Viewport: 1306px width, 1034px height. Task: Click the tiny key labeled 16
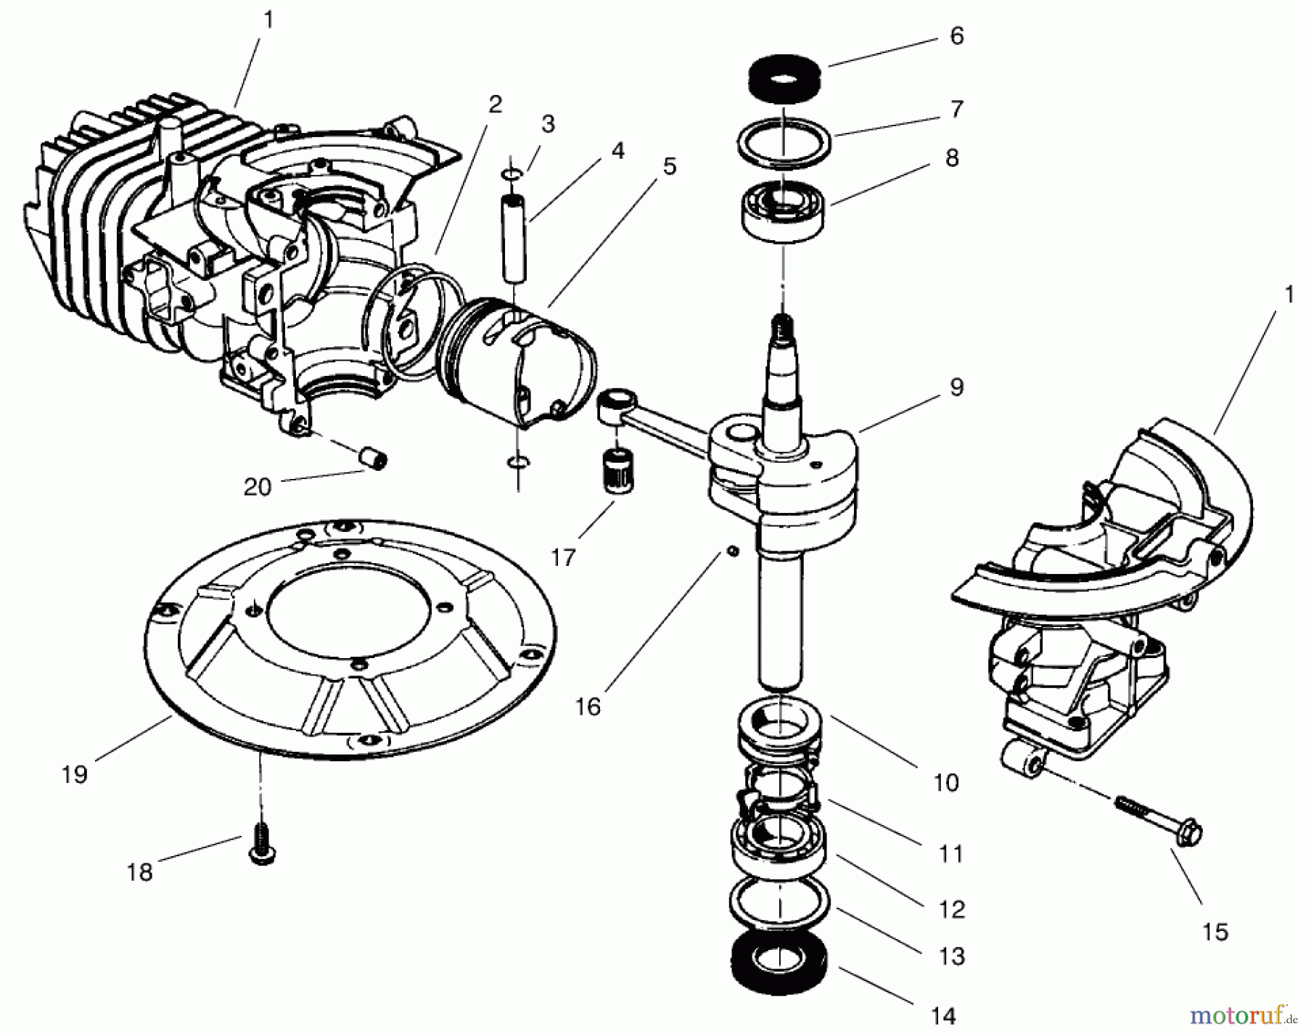[734, 553]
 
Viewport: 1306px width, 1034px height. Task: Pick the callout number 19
[75, 774]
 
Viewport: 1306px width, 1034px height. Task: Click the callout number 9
[956, 387]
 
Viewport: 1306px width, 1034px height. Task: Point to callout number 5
[669, 166]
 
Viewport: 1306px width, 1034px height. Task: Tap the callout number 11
[950, 853]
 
